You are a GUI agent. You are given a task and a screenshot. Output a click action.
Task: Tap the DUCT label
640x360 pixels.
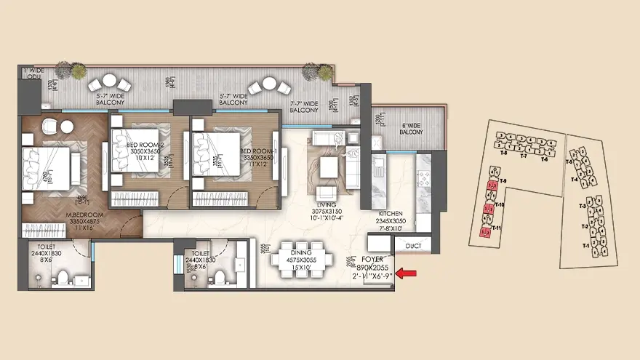click(x=413, y=246)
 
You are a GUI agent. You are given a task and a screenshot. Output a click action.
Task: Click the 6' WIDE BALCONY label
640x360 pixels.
click(x=412, y=128)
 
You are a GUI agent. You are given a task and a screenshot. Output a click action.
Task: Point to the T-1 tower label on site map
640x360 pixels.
click(x=586, y=246)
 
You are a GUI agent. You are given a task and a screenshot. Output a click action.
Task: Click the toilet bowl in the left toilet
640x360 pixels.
click(x=63, y=277)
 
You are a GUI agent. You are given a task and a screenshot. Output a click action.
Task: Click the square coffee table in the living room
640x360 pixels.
click(x=329, y=167)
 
